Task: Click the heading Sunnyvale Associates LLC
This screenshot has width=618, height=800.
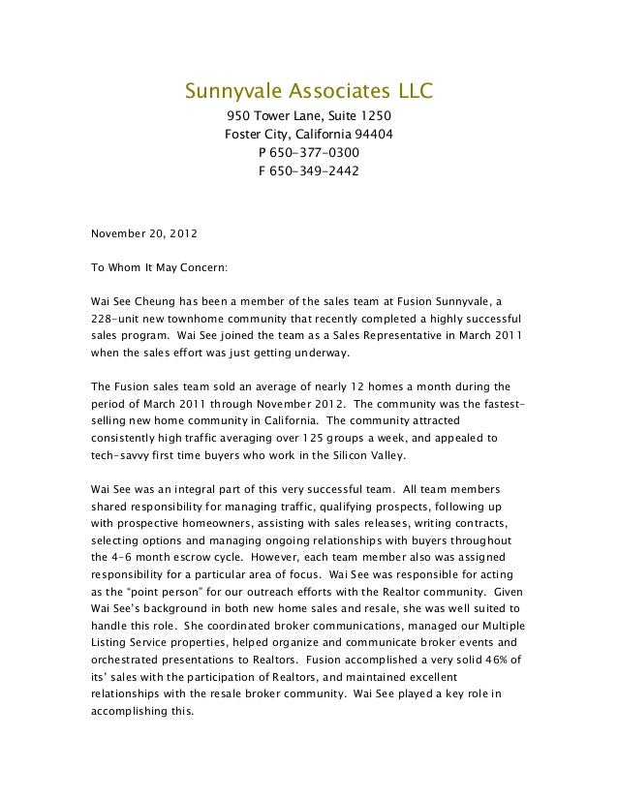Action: (308, 93)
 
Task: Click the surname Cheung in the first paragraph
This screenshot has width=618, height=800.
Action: (155, 301)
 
